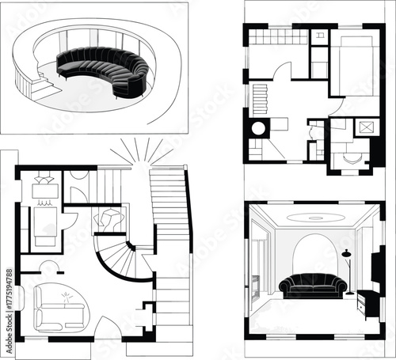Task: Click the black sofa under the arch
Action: pyautogui.click(x=313, y=284)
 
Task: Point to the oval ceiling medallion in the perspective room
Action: pyautogui.click(x=316, y=216)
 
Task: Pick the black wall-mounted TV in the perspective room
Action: pyautogui.click(x=379, y=265)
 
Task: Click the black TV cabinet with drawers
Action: pyautogui.click(x=367, y=303)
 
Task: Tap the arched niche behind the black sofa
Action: pyautogui.click(x=314, y=253)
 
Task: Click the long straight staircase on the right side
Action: pyautogui.click(x=170, y=237)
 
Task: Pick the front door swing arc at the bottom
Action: pyautogui.click(x=107, y=328)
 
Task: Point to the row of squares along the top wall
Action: pyautogui.click(x=273, y=36)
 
